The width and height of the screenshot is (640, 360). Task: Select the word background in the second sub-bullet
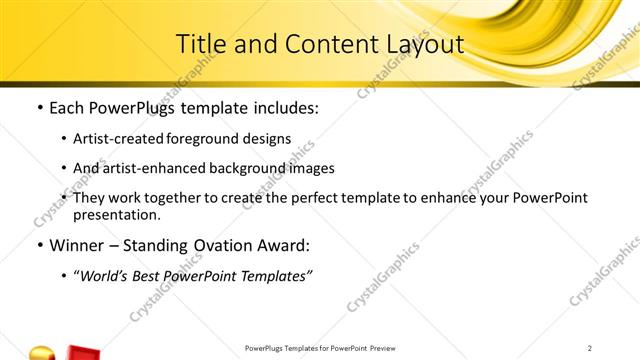tap(253, 168)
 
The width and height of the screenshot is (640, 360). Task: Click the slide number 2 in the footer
tap(590, 348)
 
